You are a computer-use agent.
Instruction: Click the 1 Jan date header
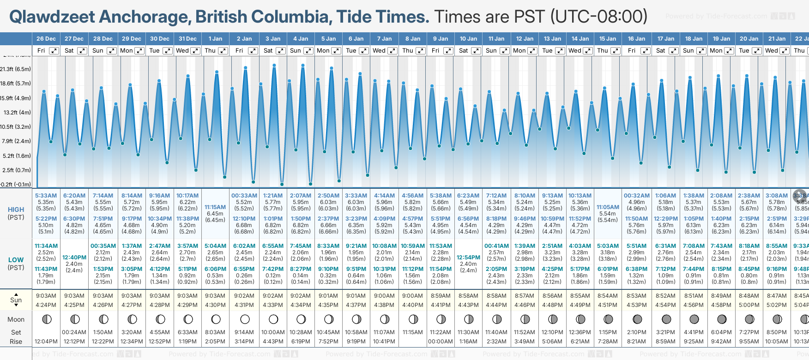pyautogui.click(x=215, y=39)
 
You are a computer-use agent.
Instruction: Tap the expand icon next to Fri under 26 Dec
pyautogui.click(x=54, y=51)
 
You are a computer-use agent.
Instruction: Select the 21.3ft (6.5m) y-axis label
pyautogui.click(x=16, y=69)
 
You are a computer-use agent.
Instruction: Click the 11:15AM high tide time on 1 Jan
pyautogui.click(x=215, y=207)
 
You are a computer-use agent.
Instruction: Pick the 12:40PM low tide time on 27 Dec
pyautogui.click(x=74, y=258)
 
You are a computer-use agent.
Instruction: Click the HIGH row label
pyautogui.click(x=16, y=210)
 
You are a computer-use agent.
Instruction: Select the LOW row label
pyautogui.click(x=16, y=260)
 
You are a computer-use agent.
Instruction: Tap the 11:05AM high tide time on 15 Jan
pyautogui.click(x=608, y=207)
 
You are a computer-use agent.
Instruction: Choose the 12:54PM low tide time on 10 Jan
pyautogui.click(x=468, y=258)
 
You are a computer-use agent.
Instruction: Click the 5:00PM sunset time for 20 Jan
pyautogui.click(x=749, y=305)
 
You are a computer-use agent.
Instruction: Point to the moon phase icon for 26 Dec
pyautogui.click(x=46, y=319)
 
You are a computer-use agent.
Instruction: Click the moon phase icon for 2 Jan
pyautogui.click(x=245, y=319)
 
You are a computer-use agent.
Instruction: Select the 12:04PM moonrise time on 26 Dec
pyautogui.click(x=46, y=342)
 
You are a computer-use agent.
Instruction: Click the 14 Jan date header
pyautogui.click(x=580, y=39)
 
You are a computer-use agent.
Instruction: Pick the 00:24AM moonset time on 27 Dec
pyautogui.click(x=74, y=332)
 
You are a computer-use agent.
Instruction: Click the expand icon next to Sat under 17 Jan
pyautogui.click(x=674, y=51)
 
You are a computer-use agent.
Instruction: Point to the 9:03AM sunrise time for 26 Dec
pyautogui.click(x=46, y=296)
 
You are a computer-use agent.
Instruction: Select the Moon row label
pyautogui.click(x=16, y=319)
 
